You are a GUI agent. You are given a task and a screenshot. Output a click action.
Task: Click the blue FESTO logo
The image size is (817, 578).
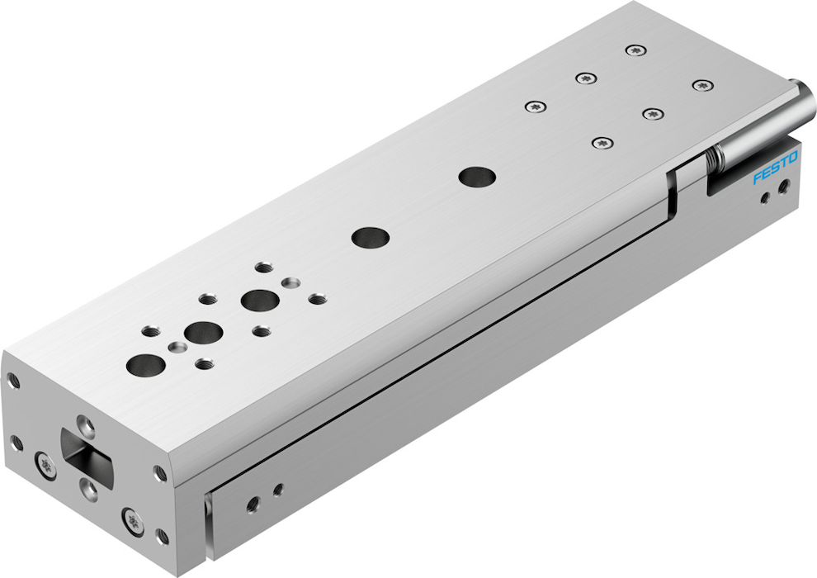coord(775,168)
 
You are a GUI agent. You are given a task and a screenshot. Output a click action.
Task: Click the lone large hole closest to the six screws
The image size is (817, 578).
coord(477,178)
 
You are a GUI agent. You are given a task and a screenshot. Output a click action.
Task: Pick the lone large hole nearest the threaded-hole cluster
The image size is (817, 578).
coord(371,238)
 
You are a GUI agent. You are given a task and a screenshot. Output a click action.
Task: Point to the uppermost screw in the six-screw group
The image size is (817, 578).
coord(636,50)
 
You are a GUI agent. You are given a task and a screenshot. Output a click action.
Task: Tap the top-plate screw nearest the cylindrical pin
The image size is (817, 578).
coord(703,86)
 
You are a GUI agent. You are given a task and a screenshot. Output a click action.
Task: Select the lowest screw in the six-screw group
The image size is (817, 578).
coord(602,142)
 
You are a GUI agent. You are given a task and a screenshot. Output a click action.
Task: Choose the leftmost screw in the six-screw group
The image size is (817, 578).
coord(536,107)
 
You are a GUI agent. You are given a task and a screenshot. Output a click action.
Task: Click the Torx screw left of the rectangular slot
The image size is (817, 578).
coord(46,464)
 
